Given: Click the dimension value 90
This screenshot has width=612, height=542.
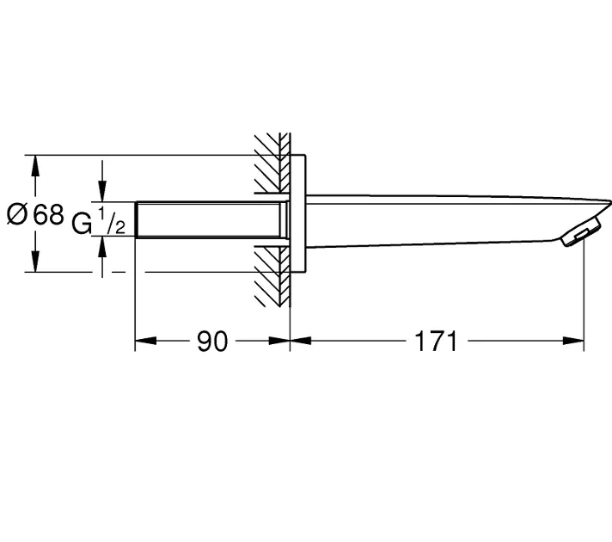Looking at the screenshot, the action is [x=212, y=342].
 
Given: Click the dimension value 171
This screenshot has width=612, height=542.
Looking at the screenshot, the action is [x=435, y=342].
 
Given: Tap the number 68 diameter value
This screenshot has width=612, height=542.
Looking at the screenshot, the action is [x=48, y=214].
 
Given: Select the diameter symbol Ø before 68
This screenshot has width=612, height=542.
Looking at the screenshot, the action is [x=17, y=214].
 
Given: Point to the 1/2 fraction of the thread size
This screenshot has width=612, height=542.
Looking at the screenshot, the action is [x=112, y=221].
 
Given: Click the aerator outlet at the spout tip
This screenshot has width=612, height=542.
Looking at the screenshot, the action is [x=580, y=236].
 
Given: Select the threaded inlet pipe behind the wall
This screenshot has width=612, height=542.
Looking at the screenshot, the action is [x=210, y=219].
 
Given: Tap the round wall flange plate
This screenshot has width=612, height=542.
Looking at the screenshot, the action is [x=298, y=213].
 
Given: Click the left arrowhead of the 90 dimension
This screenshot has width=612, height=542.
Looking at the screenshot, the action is [x=145, y=341].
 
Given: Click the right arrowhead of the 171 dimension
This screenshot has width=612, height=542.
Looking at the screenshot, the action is [x=573, y=341].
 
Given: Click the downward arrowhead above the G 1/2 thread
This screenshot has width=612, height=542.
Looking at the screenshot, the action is [x=102, y=191].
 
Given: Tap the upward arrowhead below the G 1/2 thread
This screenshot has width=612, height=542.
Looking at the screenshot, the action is [x=102, y=247].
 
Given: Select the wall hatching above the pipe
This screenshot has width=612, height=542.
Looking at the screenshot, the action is [x=272, y=163].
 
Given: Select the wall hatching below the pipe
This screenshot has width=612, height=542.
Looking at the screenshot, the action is [x=272, y=276].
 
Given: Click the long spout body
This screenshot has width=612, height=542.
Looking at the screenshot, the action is [x=449, y=221].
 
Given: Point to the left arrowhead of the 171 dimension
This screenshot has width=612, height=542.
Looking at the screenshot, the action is [x=301, y=341].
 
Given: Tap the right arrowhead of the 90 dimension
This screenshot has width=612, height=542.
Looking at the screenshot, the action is [x=279, y=341].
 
